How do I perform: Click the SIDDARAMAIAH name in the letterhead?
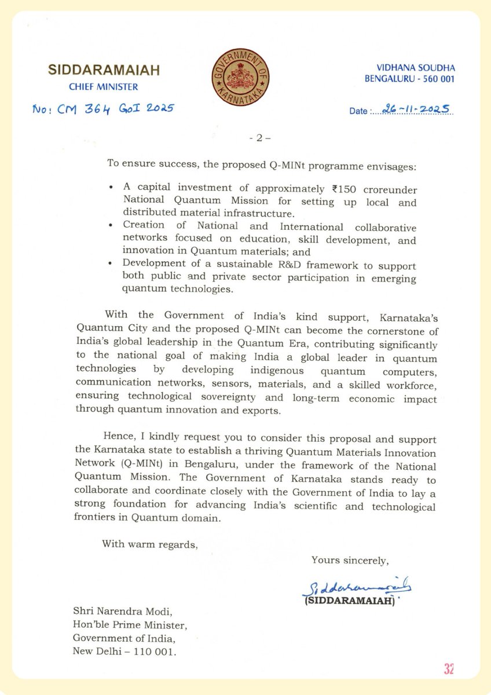(x=103, y=71)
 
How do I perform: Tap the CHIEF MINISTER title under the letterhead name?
(x=104, y=87)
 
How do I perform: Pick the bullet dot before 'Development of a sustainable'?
(x=111, y=265)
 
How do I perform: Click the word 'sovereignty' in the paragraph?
(x=250, y=398)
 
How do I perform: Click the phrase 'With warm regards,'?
(x=150, y=544)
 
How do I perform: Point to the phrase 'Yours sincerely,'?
(x=350, y=560)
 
